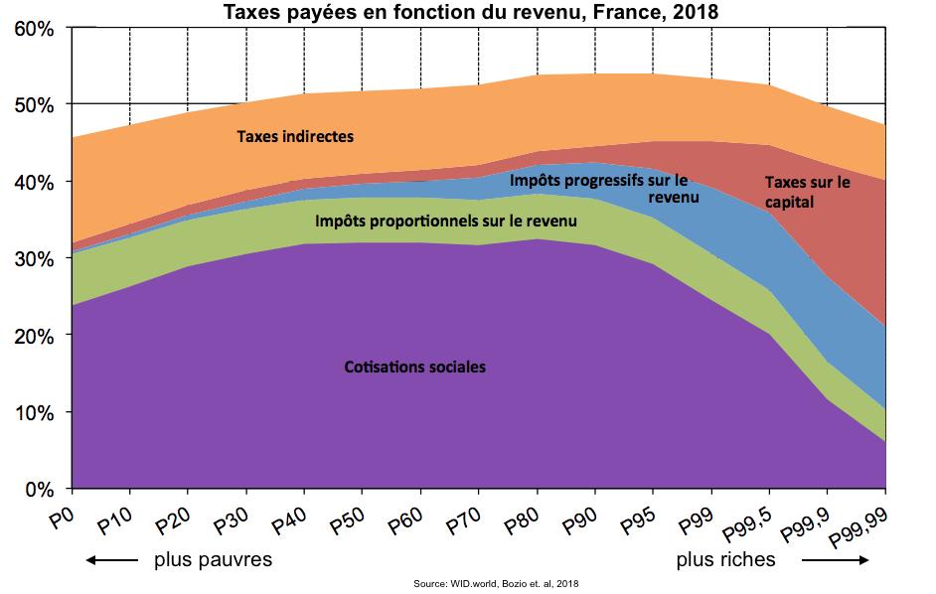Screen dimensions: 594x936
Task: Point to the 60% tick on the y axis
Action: (35, 28)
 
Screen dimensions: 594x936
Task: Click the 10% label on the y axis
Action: (35, 412)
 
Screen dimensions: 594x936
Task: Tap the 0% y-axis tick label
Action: (40, 489)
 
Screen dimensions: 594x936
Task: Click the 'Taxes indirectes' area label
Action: (295, 137)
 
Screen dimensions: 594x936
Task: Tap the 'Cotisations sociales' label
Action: (414, 367)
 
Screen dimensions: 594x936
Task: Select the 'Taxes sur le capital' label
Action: (808, 192)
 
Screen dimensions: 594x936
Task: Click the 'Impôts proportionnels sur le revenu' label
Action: (445, 220)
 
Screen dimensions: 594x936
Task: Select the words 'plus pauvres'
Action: (213, 559)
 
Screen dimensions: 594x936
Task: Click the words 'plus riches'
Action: (726, 559)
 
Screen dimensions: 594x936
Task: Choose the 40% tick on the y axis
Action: (35, 182)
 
